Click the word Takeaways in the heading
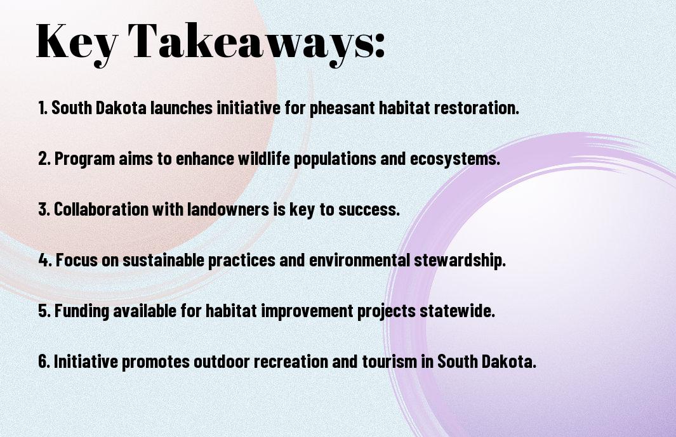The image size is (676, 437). (251, 41)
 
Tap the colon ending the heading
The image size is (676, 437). (380, 46)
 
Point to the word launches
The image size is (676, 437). (182, 108)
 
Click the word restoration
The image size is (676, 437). (477, 108)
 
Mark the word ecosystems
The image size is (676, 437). (455, 159)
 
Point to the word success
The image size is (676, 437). (369, 209)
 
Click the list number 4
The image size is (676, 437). (45, 260)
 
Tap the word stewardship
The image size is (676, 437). (460, 260)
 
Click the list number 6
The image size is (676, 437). (44, 361)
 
